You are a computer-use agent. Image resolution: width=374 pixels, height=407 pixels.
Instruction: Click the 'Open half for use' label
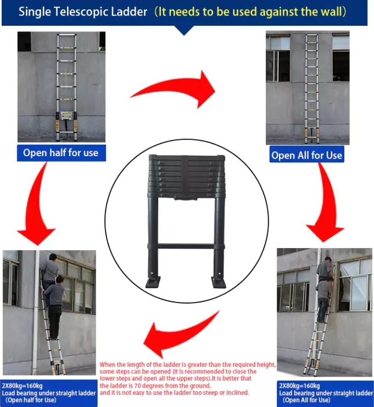[x=61, y=153]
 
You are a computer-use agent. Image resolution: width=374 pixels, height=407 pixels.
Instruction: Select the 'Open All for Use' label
[x=307, y=155]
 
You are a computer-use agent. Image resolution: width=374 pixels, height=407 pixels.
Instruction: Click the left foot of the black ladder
[x=153, y=282]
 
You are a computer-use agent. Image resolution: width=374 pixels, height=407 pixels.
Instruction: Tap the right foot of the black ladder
[x=219, y=282]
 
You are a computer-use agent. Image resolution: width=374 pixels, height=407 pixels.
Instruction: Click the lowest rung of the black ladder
[x=186, y=246]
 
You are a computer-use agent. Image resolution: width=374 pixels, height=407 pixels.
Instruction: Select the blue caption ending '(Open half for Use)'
[x=49, y=393]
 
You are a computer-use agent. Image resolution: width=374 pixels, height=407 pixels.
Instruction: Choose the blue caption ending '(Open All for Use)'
[x=326, y=393]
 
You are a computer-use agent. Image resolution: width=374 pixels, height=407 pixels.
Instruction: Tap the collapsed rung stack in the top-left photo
[x=66, y=116]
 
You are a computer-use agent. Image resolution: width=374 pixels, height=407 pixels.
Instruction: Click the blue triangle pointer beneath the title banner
[x=184, y=30]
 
